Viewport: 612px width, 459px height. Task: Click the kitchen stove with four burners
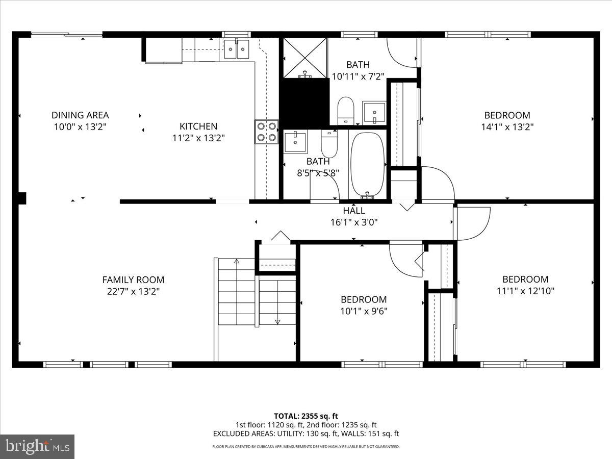point(267,132)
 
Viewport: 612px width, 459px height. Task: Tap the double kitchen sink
point(236,49)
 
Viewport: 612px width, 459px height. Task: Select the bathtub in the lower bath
point(367,165)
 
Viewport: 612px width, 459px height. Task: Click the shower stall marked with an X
point(304,57)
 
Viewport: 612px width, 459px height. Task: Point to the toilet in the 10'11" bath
point(346,110)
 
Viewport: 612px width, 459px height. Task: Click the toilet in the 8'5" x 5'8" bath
point(329,144)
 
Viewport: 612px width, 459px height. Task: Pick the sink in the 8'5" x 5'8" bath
point(295,142)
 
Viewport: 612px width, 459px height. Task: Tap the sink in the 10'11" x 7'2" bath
point(374,112)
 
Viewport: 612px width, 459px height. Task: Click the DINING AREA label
point(80,115)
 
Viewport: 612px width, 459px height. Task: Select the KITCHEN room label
point(198,126)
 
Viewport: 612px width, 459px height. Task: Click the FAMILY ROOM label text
point(133,279)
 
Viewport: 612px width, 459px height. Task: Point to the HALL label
point(354,211)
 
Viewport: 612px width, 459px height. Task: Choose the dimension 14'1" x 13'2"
point(507,127)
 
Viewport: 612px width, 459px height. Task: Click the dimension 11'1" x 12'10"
point(525,291)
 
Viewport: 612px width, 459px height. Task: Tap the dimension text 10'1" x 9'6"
point(364,311)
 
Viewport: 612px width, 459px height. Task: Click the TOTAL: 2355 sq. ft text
point(305,416)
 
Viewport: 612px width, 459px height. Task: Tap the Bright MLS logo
point(37,446)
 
